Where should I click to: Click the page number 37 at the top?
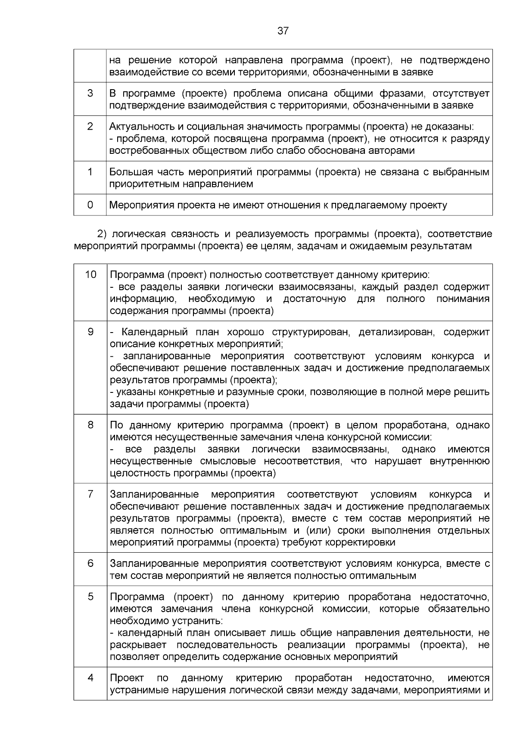click(283, 31)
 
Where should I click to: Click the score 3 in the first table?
click(90, 93)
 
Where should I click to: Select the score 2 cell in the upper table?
click(90, 127)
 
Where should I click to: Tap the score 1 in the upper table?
click(90, 172)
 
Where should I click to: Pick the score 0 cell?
click(90, 205)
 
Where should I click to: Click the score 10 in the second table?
click(90, 275)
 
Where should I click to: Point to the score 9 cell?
click(90, 332)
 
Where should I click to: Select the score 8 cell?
click(90, 425)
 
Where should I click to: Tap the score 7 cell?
click(90, 494)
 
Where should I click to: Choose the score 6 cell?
click(90, 563)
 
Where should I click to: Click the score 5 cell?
click(90, 597)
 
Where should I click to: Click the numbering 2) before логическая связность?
click(102, 234)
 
